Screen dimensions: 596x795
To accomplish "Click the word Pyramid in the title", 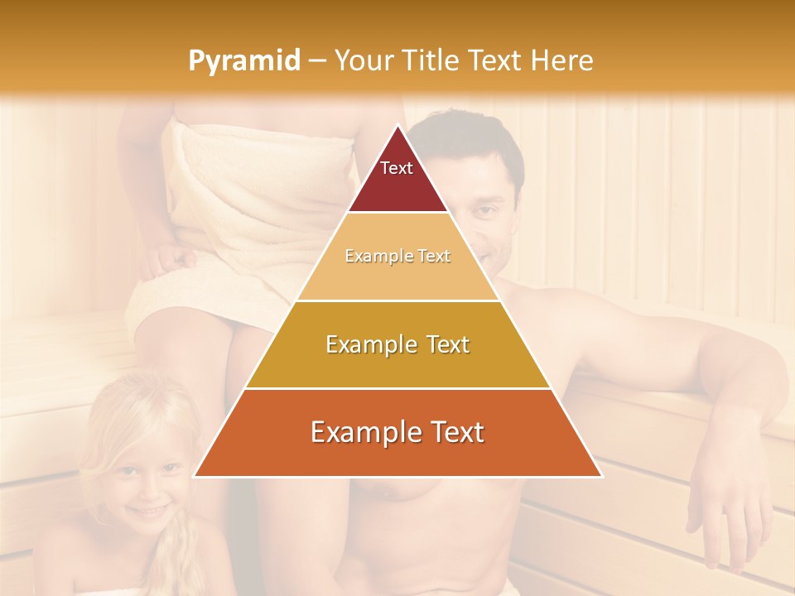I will (x=244, y=61).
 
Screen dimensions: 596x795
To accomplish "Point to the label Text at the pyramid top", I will (x=397, y=168).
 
